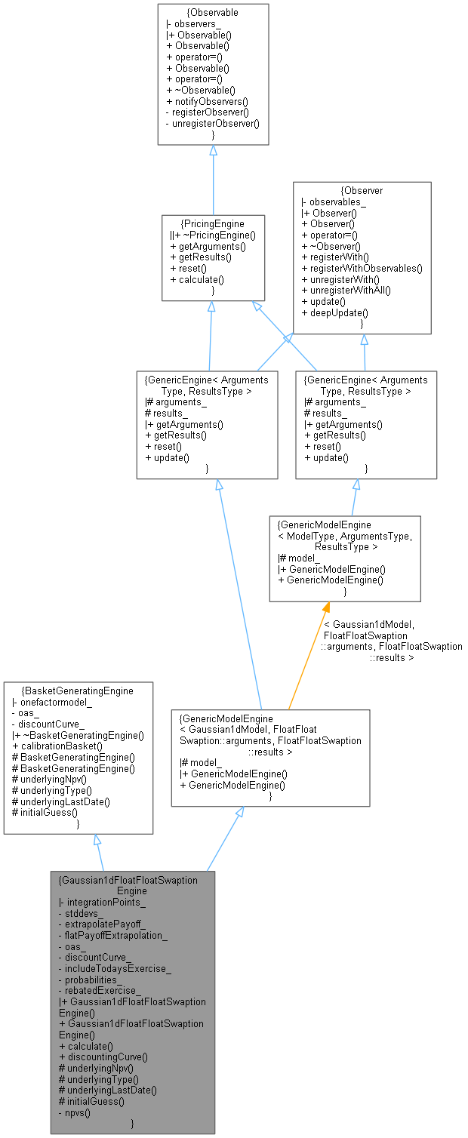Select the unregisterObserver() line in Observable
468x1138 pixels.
212,122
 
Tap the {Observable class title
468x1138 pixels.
214,14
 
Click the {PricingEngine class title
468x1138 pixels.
213,224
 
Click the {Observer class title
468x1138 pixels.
362,191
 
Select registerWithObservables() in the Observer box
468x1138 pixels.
362,268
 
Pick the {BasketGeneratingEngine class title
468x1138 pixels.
79,690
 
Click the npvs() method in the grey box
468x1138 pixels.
79,1113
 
